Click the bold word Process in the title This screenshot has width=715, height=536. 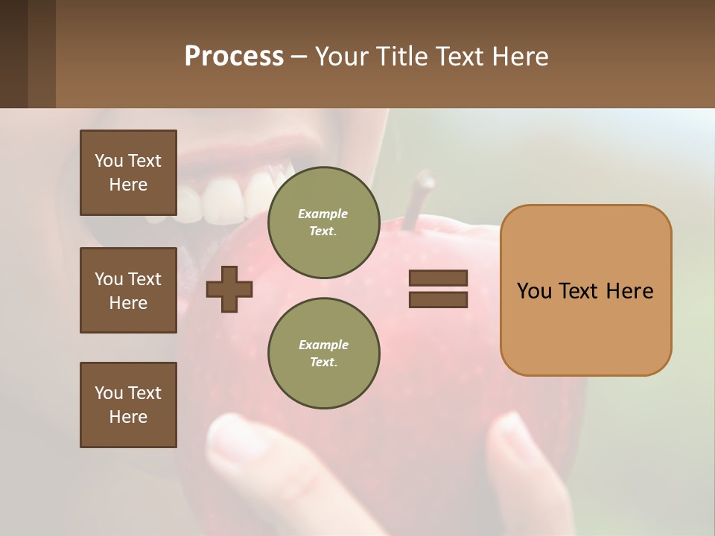coord(234,57)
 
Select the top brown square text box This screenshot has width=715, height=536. coord(128,173)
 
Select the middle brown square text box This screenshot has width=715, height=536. coord(128,290)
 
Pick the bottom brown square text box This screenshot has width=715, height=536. coord(128,405)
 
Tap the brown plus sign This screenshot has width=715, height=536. coord(229,290)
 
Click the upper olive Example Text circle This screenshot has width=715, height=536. coord(324,223)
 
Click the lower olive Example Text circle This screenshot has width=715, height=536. coord(324,354)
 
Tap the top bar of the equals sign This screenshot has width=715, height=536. coord(439,278)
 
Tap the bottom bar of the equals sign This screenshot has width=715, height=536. coord(439,300)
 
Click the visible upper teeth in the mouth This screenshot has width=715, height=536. coord(223,200)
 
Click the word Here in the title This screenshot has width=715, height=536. coord(518,57)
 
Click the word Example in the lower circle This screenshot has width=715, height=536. coord(323,345)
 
